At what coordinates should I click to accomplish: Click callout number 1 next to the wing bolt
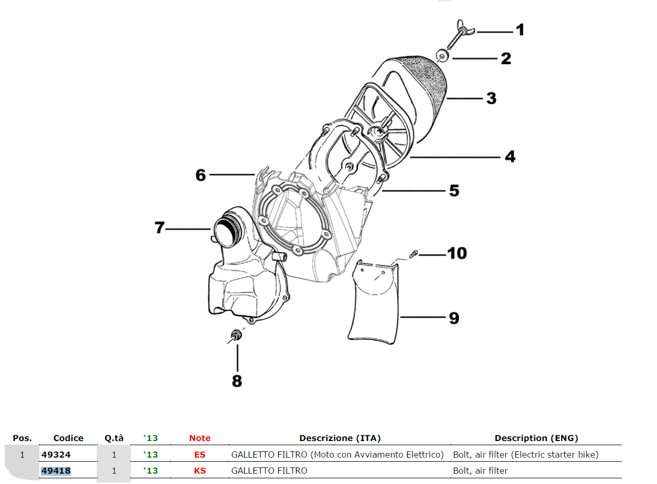[x=520, y=30]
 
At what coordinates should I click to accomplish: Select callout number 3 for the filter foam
[x=491, y=98]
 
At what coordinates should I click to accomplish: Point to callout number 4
[x=510, y=156]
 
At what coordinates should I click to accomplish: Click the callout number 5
[x=454, y=190]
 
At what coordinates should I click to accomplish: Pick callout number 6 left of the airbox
[x=201, y=175]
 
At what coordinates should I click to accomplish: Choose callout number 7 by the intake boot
[x=160, y=228]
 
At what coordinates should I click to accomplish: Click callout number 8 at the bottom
[x=237, y=381]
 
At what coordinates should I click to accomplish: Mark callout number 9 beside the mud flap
[x=454, y=317]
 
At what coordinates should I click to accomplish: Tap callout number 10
[x=457, y=253]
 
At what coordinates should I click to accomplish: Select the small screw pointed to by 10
[x=413, y=254]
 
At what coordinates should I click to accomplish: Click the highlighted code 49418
[x=56, y=471]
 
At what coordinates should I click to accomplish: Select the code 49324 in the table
[x=56, y=454]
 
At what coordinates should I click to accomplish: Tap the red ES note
[x=200, y=454]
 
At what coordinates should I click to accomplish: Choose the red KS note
[x=200, y=471]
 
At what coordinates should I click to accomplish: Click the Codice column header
[x=68, y=438]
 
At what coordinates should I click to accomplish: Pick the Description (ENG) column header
[x=536, y=438]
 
